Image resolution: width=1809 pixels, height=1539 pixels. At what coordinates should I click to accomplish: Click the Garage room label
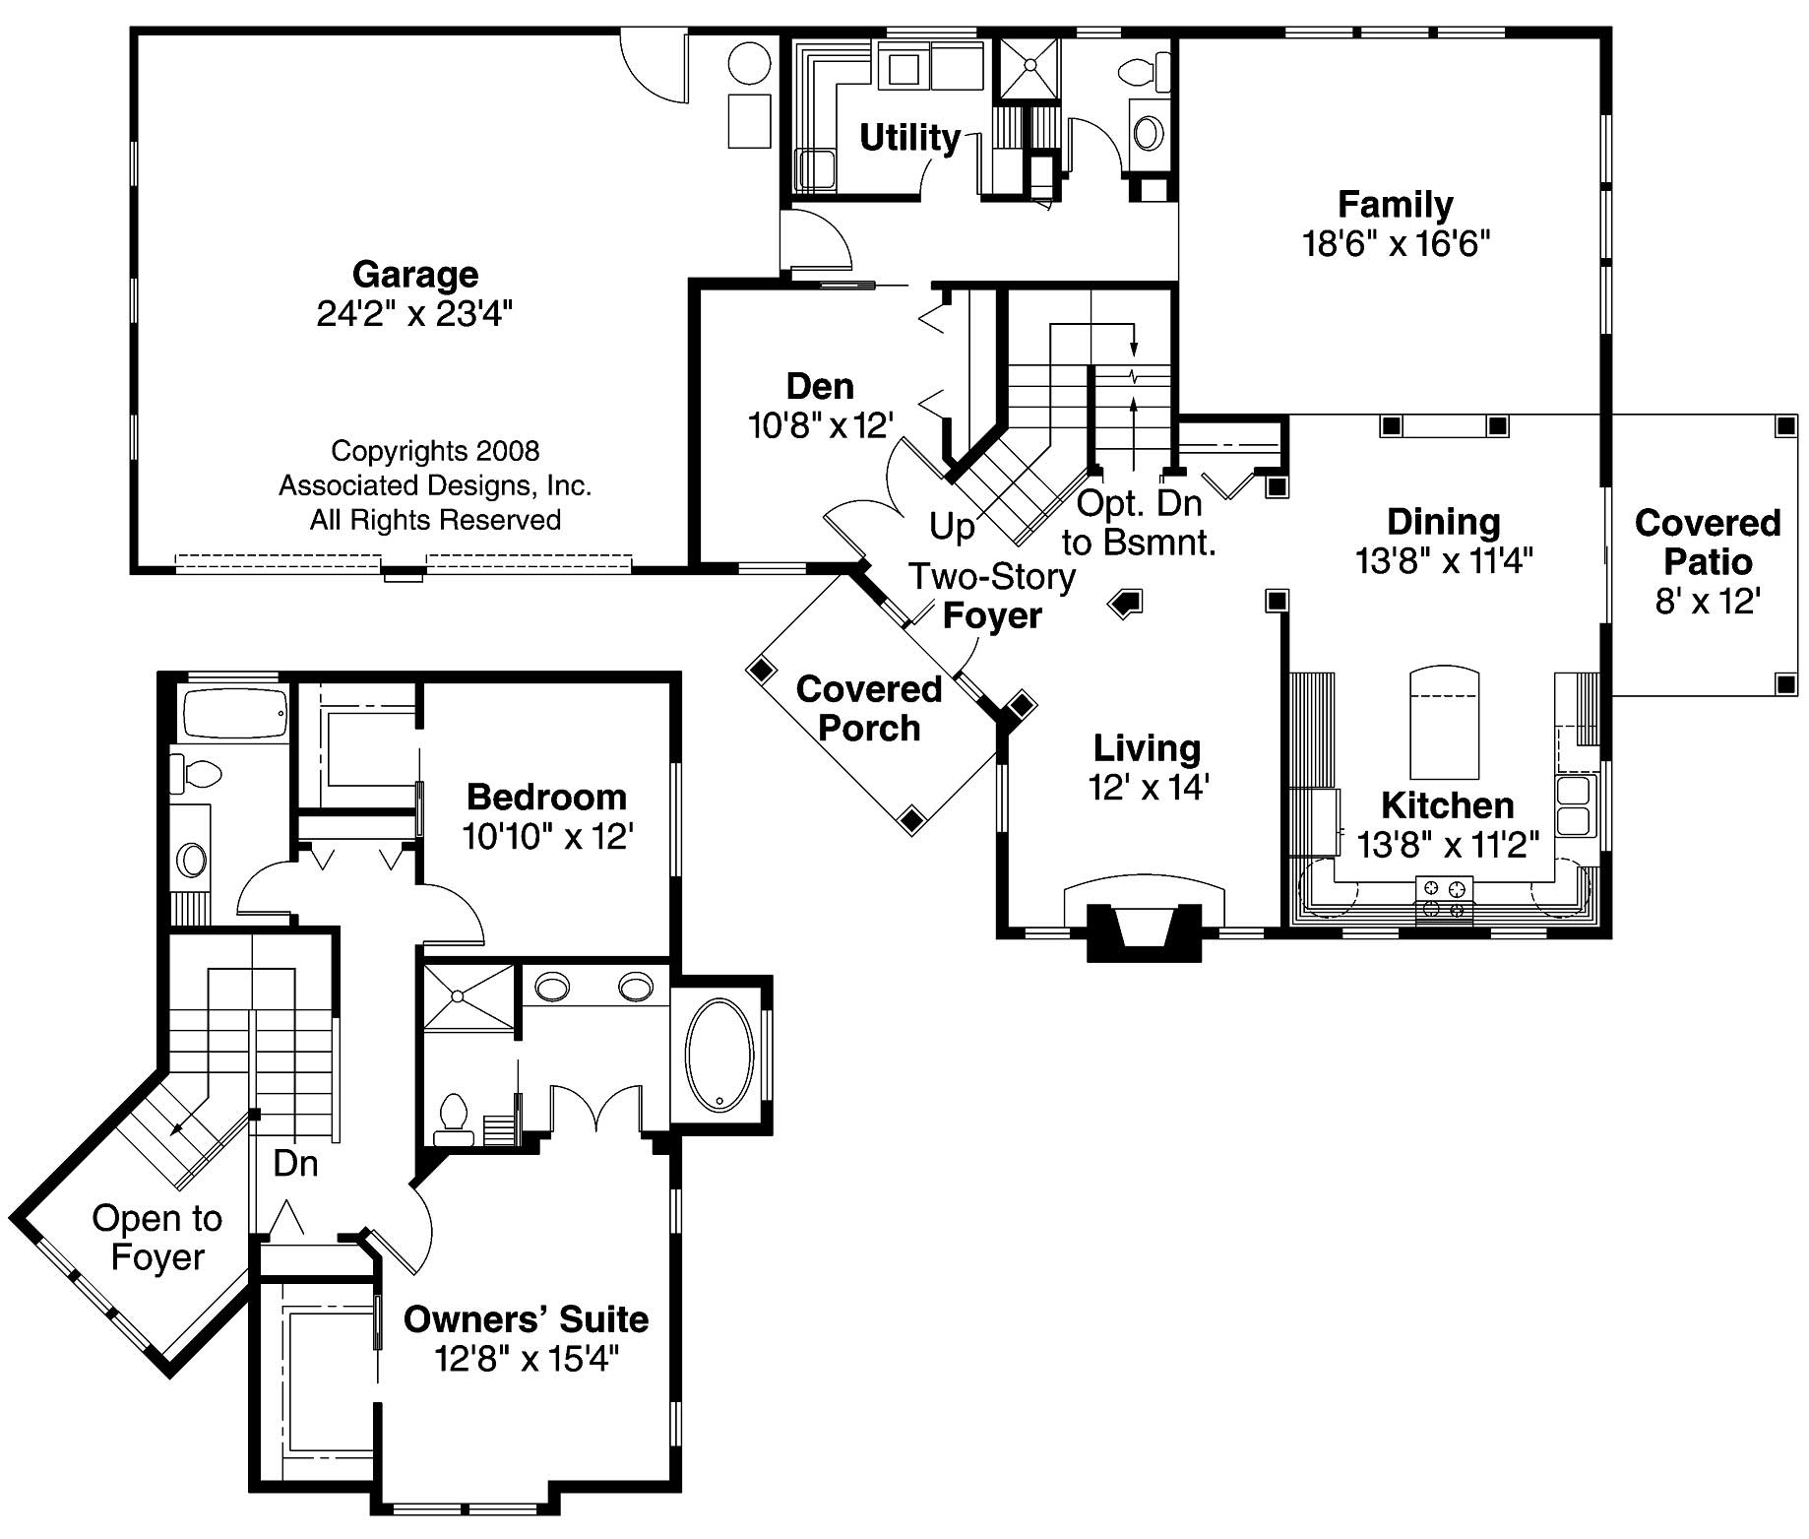pyautogui.click(x=415, y=274)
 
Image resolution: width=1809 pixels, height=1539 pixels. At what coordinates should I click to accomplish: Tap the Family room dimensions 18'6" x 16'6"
pyautogui.click(x=1396, y=243)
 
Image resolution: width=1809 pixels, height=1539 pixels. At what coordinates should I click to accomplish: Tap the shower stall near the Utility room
pyautogui.click(x=1029, y=67)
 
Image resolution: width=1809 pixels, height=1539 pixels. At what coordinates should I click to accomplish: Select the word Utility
pyautogui.click(x=909, y=138)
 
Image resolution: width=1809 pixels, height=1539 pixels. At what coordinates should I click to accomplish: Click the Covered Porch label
pyautogui.click(x=868, y=708)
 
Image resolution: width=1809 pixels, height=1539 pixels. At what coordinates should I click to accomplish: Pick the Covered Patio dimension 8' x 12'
pyautogui.click(x=1708, y=601)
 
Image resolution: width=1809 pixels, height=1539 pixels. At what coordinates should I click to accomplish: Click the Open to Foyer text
pyautogui.click(x=157, y=1238)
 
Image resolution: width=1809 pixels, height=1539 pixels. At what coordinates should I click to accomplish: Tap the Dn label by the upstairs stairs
pyautogui.click(x=295, y=1164)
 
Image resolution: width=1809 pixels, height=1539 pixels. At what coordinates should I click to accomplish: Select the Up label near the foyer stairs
pyautogui.click(x=952, y=527)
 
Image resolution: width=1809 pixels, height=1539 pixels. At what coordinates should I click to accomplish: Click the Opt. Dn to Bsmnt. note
pyautogui.click(x=1139, y=523)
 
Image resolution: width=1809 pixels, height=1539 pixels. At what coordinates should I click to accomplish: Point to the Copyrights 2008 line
pyautogui.click(x=435, y=451)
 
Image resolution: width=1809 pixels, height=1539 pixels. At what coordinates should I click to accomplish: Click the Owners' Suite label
pyautogui.click(x=526, y=1319)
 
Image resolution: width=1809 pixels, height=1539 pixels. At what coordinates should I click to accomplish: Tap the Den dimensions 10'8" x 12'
pyautogui.click(x=821, y=425)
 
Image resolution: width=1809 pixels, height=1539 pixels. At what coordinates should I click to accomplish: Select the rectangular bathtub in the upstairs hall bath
pyautogui.click(x=233, y=713)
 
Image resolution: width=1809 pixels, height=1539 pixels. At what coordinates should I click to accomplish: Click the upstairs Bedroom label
pyautogui.click(x=546, y=797)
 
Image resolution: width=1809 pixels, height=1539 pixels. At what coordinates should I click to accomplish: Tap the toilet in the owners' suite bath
pyautogui.click(x=454, y=1118)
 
